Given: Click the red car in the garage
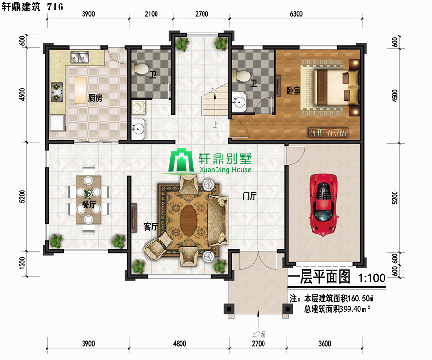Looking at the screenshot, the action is [324, 204].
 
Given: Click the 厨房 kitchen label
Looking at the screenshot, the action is [95, 98].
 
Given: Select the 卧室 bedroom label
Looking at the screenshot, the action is [293, 90].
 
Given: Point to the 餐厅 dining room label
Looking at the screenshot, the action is [89, 204].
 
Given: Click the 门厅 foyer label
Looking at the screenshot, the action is [250, 196].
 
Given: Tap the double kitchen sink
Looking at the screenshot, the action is [79, 57].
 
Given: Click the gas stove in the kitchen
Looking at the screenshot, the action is [57, 92].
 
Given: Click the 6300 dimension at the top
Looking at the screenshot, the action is [296, 14].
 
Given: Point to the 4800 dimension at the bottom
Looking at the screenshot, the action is [180, 344].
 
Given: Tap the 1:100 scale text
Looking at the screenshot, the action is [372, 278].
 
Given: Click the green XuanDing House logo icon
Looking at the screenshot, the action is [181, 161].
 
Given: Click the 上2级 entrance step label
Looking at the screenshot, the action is [258, 335].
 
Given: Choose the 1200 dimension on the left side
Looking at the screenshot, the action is [22, 263].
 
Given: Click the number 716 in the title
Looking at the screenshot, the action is [55, 7].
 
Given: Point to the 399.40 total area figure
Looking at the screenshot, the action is [350, 309].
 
